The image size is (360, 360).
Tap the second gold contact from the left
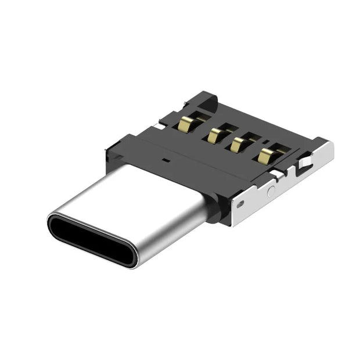(214, 135)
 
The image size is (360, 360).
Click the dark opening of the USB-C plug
(93, 237)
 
